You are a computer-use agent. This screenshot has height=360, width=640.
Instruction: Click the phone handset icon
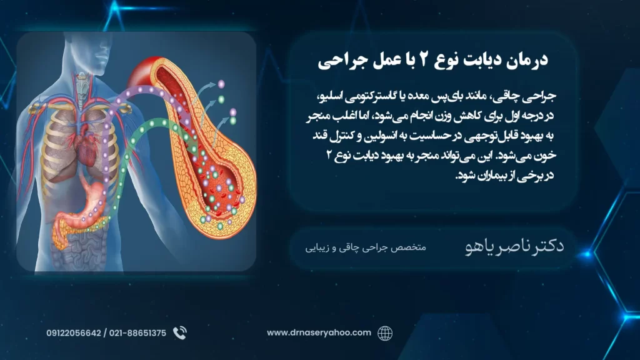pos(179,333)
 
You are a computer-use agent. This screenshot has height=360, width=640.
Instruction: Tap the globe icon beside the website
pos(384,333)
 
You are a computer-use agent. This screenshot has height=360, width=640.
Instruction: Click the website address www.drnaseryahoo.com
pos(319,332)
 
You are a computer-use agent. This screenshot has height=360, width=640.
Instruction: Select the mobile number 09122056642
pos(74,333)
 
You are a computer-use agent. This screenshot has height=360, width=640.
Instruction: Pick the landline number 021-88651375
pos(137,333)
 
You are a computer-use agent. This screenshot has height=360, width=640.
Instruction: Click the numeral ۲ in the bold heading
pos(424,59)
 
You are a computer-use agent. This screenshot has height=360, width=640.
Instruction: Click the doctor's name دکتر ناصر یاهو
pos(514,246)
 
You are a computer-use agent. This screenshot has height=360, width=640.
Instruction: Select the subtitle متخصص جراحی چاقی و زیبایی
pos(365,247)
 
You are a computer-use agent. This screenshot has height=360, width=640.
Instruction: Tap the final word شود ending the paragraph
pos(465,176)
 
